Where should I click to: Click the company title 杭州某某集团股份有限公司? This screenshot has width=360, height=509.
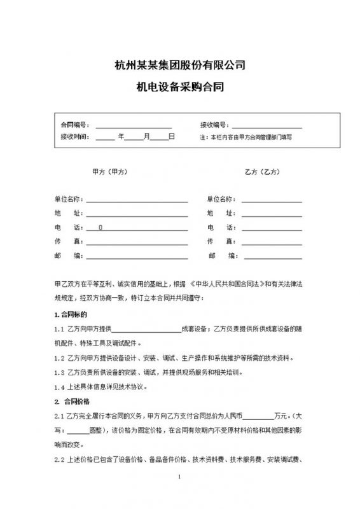tap(179, 65)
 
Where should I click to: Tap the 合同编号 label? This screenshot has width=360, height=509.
tap(73, 125)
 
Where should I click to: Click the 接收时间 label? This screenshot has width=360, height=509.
tap(73, 137)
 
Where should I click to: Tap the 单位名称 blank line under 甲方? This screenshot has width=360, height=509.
tap(137, 200)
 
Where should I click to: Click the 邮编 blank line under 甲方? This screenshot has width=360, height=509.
tap(137, 257)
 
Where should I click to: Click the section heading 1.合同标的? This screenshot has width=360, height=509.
tap(71, 314)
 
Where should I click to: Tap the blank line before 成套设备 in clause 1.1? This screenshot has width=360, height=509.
tap(147, 329)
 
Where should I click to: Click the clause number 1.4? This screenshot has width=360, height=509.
tap(60, 387)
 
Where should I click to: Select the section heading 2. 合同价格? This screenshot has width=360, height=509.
tap(72, 401)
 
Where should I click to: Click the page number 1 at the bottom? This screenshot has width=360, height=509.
tap(180, 495)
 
